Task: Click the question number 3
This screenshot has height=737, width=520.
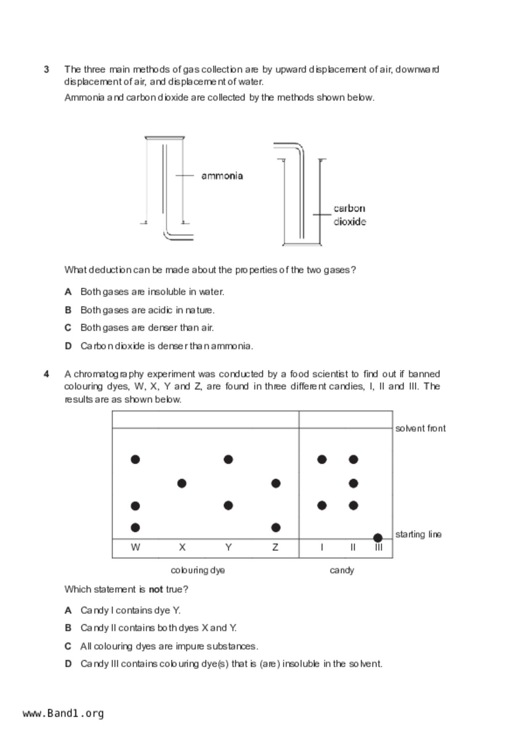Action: click(x=47, y=69)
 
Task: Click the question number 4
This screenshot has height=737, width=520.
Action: click(x=47, y=374)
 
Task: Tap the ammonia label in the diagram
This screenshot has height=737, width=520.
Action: click(x=222, y=176)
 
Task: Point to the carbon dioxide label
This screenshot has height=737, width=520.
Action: click(x=349, y=215)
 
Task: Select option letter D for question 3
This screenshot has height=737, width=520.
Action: click(x=68, y=346)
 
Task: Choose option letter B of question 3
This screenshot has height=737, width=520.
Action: click(x=68, y=310)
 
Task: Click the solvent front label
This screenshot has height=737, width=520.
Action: click(x=420, y=428)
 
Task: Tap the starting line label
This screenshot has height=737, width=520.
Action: click(x=418, y=534)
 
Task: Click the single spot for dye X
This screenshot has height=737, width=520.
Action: click(x=182, y=484)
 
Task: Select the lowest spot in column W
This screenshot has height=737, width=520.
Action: click(x=135, y=527)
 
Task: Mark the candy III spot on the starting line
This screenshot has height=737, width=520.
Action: click(x=378, y=537)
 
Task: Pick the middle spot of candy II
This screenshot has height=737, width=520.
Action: click(x=353, y=484)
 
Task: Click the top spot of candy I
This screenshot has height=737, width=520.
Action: click(x=322, y=460)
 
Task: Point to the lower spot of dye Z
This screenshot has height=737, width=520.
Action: click(x=276, y=527)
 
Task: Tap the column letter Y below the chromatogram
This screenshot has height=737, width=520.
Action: click(x=228, y=547)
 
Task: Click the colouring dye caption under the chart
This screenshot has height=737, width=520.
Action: click(x=198, y=570)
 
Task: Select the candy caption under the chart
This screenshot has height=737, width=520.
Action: click(x=342, y=570)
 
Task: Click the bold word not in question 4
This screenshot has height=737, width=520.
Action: click(x=156, y=589)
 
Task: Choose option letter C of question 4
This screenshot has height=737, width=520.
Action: click(x=68, y=646)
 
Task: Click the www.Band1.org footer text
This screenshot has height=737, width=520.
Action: click(x=63, y=713)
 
